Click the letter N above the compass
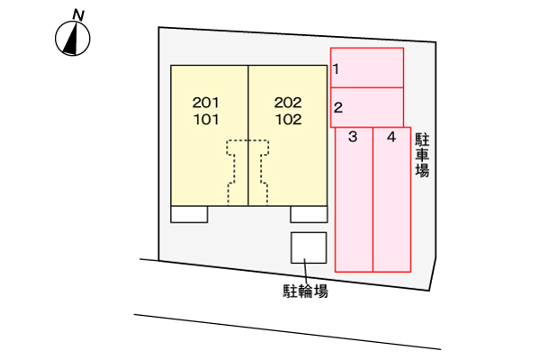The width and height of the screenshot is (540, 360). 78,15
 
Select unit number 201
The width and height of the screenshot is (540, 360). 205,103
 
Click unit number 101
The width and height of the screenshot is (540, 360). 206,120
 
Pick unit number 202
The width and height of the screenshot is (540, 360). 288,103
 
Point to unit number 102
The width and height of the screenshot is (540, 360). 289,120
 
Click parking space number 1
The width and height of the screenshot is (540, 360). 336,69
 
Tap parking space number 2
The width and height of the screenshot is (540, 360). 337,108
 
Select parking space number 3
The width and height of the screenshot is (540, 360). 353,137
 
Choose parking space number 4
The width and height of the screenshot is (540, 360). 391,137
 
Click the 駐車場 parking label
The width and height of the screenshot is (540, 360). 422,155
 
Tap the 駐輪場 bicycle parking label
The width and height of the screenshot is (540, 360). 305,291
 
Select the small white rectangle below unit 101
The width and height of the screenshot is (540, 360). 189,214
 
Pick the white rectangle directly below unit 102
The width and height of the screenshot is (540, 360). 309,214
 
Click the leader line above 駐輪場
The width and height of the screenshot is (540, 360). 305,271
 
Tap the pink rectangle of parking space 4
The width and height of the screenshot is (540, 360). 391,200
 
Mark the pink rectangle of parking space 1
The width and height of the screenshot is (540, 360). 367,67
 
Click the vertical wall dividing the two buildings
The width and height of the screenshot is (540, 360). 248,135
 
